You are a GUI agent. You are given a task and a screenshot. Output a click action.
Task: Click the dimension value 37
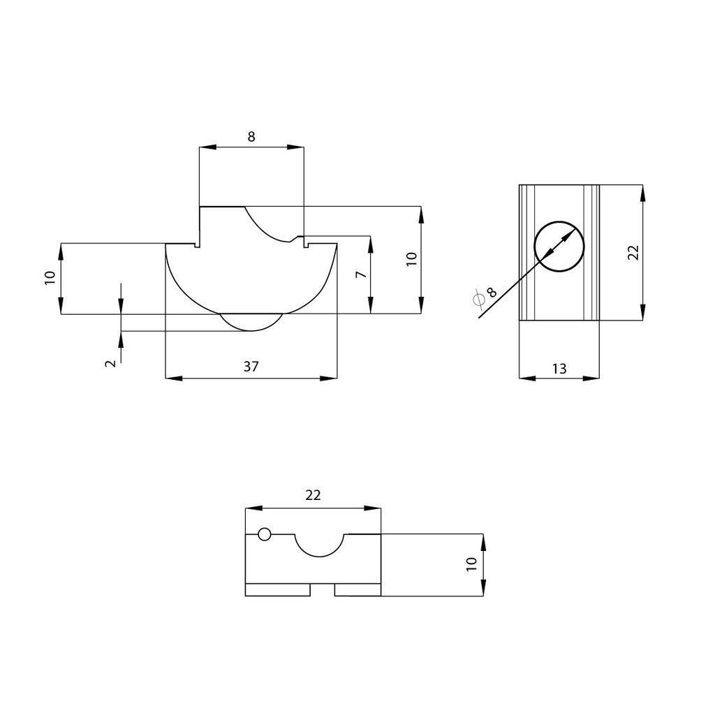[x=251, y=367]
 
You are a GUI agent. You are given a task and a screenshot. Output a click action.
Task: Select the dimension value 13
[x=559, y=368]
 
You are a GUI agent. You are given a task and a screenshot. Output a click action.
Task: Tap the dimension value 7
[x=361, y=274]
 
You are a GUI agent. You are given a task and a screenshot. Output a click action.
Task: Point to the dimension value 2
[x=110, y=363]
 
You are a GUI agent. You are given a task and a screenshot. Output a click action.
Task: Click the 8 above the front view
[x=251, y=137]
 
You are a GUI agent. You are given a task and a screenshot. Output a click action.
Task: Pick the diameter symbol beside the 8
[x=479, y=300]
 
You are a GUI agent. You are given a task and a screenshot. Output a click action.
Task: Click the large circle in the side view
[x=559, y=245]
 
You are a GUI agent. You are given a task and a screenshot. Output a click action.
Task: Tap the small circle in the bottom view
[x=264, y=535]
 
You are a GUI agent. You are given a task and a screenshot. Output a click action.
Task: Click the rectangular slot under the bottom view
[x=322, y=590]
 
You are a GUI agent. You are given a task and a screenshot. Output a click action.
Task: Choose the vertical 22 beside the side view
[x=633, y=253]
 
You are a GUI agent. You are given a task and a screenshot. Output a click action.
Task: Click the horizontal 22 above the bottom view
[x=313, y=495]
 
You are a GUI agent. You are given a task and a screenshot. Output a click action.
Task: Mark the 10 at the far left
[x=50, y=278]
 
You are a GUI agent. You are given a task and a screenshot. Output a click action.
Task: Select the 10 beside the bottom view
[x=471, y=564]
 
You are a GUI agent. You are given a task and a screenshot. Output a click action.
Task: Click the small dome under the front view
[x=251, y=323]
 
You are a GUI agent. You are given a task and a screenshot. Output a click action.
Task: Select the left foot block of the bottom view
[x=277, y=590]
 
